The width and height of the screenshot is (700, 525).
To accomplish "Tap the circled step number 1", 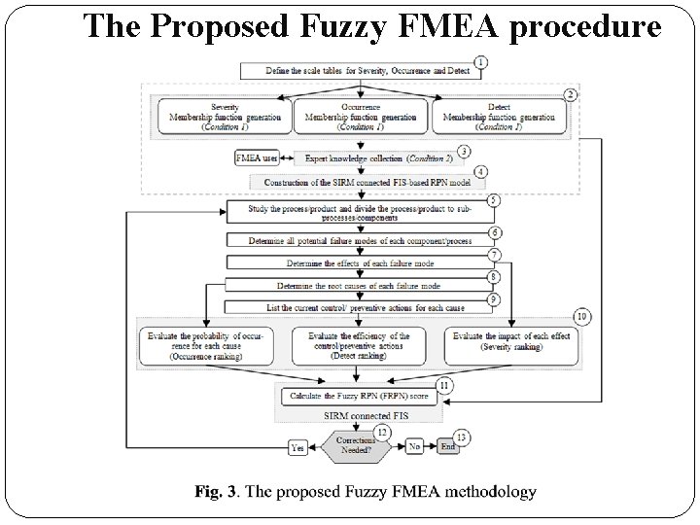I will [x=482, y=60].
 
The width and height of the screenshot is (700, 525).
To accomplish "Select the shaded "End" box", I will [x=448, y=448].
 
